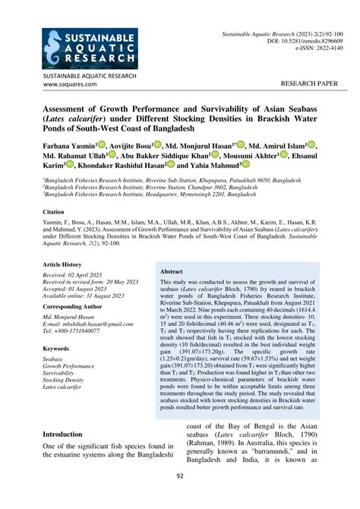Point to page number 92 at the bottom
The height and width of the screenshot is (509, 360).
pos(180,498)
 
